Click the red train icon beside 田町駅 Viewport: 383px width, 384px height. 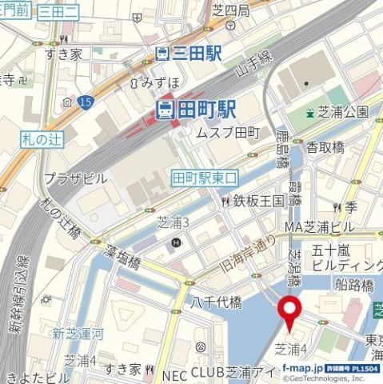click(x=164, y=109)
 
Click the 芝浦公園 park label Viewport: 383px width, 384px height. click(x=342, y=111)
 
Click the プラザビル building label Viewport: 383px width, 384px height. click(x=75, y=177)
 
